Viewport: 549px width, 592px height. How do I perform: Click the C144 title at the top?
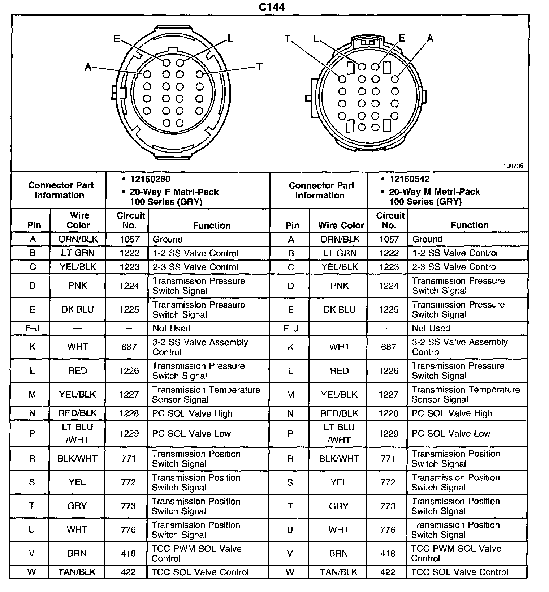coord(272,7)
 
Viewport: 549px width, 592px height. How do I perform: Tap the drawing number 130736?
coord(513,166)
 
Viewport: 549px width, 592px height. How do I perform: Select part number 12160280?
coord(150,179)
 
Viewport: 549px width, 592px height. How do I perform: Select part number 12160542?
coord(409,179)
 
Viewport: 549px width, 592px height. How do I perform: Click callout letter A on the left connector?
coord(88,67)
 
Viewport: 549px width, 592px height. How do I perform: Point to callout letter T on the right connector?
coord(288,38)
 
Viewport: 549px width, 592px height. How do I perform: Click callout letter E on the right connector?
coord(402,38)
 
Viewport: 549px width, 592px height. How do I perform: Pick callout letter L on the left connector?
coord(230,38)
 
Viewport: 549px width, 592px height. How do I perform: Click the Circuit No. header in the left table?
coord(130,220)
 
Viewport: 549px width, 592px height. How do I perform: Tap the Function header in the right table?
coord(470,225)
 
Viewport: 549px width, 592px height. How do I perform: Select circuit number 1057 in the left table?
coord(129,239)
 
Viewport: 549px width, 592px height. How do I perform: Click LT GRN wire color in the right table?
coord(340,253)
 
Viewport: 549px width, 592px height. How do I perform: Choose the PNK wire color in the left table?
coord(78,286)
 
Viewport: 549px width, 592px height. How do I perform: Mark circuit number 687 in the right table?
coord(388,347)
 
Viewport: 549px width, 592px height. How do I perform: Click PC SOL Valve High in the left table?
coord(192,413)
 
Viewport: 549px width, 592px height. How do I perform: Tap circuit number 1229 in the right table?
coord(388,433)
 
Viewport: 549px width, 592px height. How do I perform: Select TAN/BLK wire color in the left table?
coord(77,572)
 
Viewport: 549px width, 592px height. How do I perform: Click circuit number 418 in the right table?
coord(388,553)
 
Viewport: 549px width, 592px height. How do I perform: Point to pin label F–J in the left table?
coord(33,329)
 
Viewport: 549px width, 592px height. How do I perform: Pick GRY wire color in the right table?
coord(338,506)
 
